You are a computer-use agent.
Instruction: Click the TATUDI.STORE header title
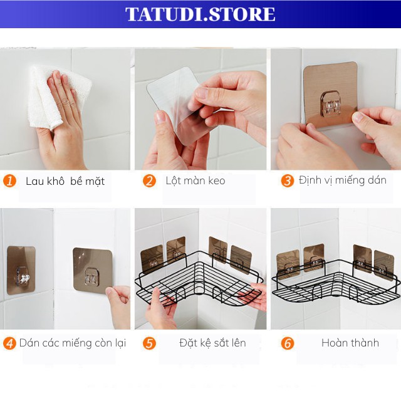tap(200, 14)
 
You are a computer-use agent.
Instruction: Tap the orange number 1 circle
tap(9, 181)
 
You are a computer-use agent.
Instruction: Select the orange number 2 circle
tap(149, 181)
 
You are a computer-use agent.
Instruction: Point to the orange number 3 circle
tap(287, 180)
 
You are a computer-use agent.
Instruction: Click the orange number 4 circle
tap(9, 343)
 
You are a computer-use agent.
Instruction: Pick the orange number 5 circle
tap(149, 343)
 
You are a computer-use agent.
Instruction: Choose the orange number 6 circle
tap(287, 343)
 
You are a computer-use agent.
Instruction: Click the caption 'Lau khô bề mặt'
tap(65, 181)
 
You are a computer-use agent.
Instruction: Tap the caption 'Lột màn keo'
tap(195, 180)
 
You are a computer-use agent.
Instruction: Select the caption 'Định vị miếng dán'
tap(343, 180)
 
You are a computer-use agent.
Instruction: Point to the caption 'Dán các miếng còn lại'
tap(73, 343)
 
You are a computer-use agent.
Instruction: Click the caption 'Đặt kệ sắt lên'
tap(212, 343)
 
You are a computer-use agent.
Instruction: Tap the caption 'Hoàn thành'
tap(350, 343)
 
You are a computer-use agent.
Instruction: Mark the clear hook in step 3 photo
tap(331, 103)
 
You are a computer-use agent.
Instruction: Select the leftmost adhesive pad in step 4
tap(21, 270)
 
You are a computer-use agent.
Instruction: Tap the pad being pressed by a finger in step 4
tap(93, 271)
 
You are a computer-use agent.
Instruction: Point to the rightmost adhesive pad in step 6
tap(384, 266)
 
